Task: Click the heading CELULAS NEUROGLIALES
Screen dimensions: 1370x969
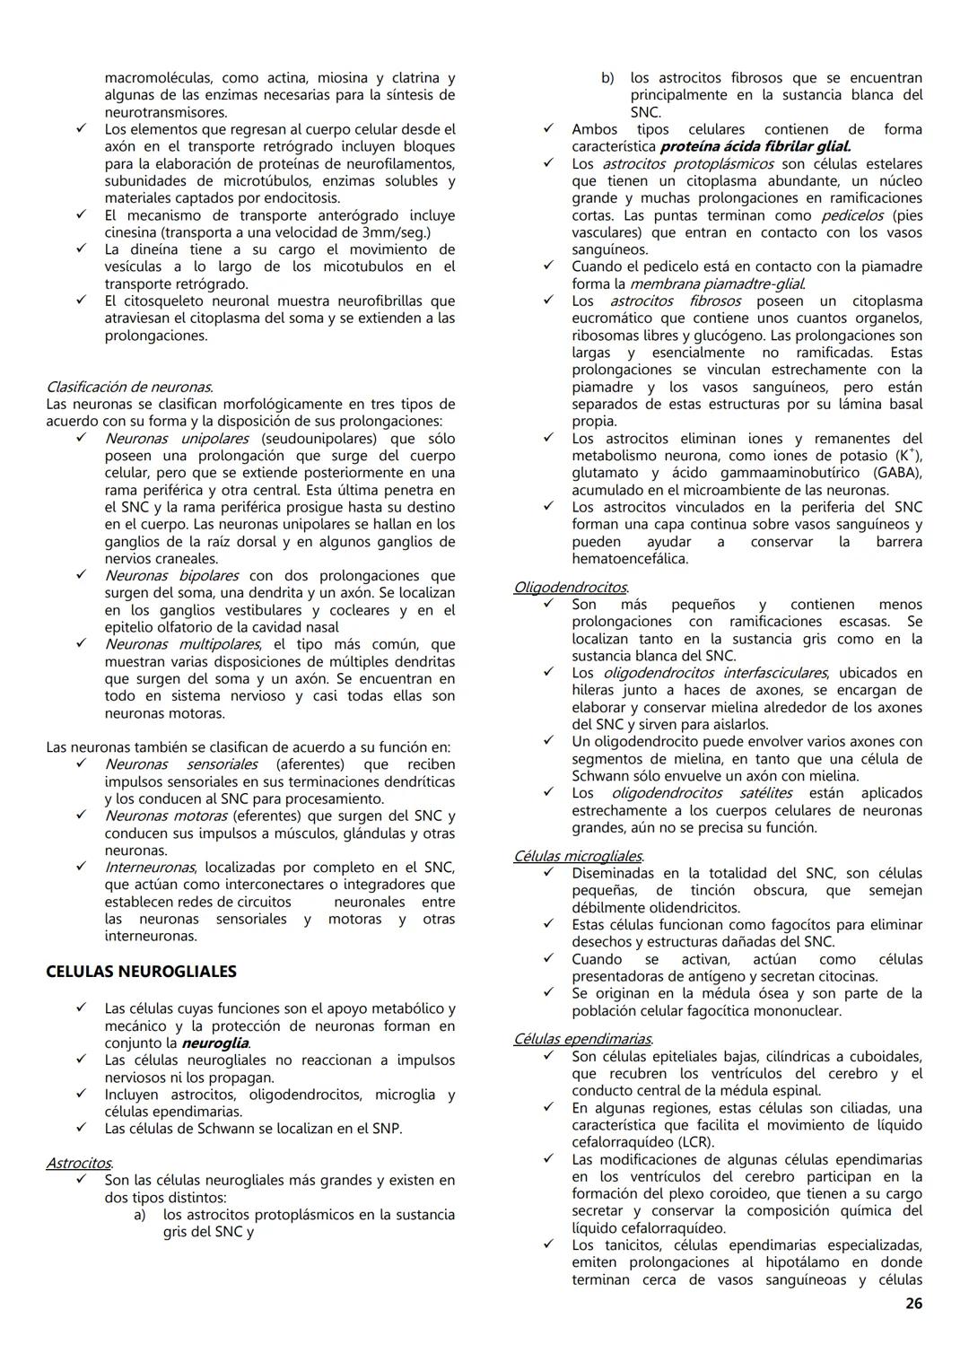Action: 141,972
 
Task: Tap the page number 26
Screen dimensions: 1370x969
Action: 912,1304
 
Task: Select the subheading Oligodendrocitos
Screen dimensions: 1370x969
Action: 570,587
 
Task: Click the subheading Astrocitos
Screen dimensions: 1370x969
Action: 79,1163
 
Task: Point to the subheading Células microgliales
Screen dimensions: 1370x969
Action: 578,856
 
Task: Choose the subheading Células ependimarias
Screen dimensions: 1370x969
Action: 582,1039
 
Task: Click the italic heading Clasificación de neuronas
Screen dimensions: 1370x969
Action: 129,388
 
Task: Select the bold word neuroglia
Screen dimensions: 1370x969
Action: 214,1043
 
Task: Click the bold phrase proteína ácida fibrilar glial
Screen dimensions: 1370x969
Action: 755,146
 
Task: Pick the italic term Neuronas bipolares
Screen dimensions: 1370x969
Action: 171,576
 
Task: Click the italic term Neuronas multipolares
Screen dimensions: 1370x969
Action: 182,644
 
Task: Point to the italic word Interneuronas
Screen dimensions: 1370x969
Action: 150,868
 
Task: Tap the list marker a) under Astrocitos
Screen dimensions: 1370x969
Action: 139,1215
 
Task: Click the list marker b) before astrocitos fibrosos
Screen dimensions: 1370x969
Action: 607,78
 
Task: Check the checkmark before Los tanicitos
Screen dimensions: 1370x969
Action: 548,1245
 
